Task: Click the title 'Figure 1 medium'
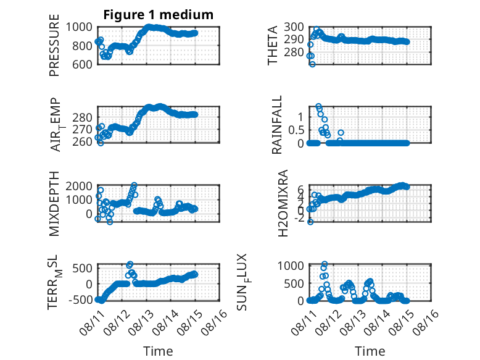(159, 15)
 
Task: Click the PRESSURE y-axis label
(54, 45)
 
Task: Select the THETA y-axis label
(272, 45)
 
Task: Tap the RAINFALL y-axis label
(276, 125)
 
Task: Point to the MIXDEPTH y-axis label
(54, 204)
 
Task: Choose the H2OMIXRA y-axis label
(283, 203)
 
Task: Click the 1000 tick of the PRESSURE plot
(79, 27)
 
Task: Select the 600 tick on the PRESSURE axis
(82, 64)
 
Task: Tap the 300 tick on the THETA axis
(294, 27)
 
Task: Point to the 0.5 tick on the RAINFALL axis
(296, 130)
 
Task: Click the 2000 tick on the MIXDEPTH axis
(79, 186)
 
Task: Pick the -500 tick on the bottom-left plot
(80, 299)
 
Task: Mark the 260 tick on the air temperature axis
(82, 141)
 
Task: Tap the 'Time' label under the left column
(159, 351)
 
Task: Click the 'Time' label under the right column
(370, 351)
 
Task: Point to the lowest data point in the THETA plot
(312, 64)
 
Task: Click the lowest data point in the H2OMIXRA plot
(310, 222)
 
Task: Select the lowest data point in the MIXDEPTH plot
(110, 222)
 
